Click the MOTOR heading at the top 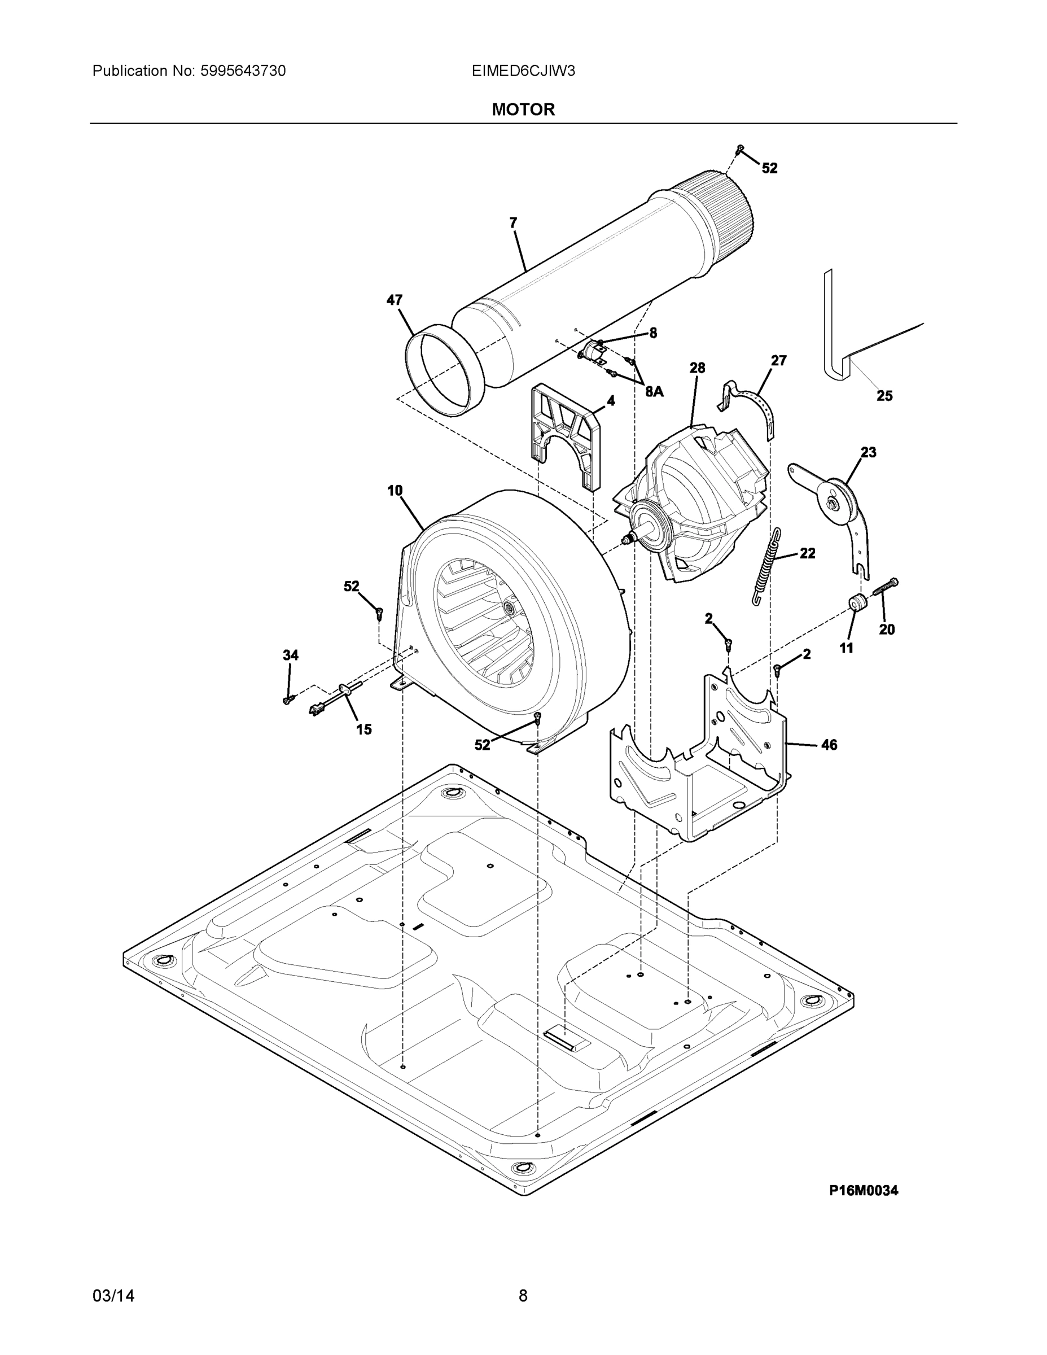point(523,110)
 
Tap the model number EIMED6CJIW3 point(523,71)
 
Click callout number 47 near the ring point(395,300)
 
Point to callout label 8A point(654,391)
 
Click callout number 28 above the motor point(697,368)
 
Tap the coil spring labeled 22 point(766,566)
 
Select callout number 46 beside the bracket point(829,745)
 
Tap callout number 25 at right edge point(884,396)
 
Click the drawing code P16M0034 point(864,1190)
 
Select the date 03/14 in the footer point(113,1296)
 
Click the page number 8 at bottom point(523,1296)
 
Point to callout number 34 point(290,655)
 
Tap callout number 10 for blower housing point(395,491)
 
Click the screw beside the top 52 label point(739,149)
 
